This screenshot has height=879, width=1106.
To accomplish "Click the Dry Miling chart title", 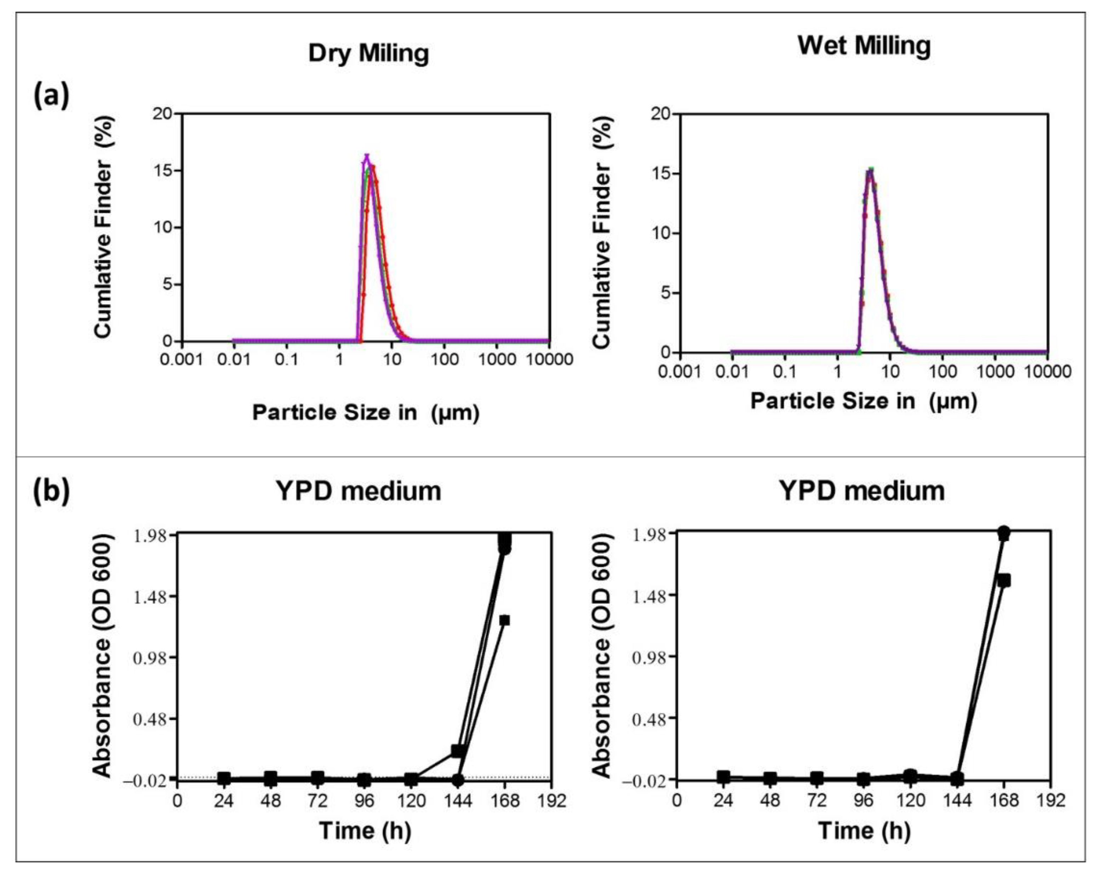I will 368,53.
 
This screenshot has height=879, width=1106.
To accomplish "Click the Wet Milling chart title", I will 864,46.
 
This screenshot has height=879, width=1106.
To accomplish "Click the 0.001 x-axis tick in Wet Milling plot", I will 680,371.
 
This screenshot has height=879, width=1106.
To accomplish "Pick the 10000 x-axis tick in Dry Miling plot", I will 549,359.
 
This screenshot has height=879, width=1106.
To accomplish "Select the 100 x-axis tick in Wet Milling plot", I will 942,371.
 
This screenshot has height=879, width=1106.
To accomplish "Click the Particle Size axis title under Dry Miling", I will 366,412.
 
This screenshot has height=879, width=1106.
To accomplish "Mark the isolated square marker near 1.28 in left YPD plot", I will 504,620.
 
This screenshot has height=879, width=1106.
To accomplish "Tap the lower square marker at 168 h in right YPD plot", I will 1004,581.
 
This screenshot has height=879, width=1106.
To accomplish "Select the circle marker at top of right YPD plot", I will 1004,532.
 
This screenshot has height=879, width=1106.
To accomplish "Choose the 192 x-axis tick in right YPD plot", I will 1050,800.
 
